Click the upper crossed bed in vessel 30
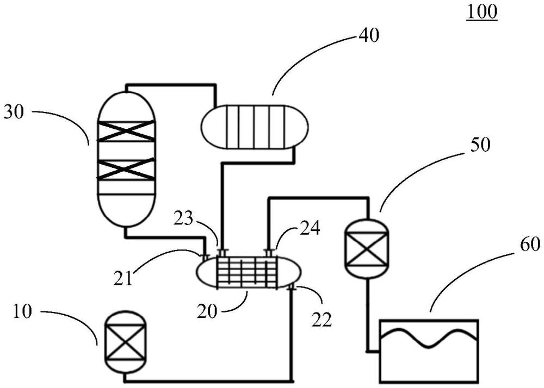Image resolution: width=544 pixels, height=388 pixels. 126,131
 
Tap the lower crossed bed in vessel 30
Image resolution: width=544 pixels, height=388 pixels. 126,169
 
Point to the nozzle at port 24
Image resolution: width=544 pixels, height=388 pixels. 269,252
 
